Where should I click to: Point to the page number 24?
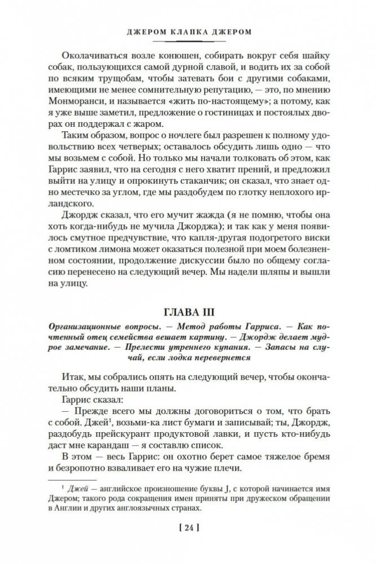[x=188, y=530]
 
